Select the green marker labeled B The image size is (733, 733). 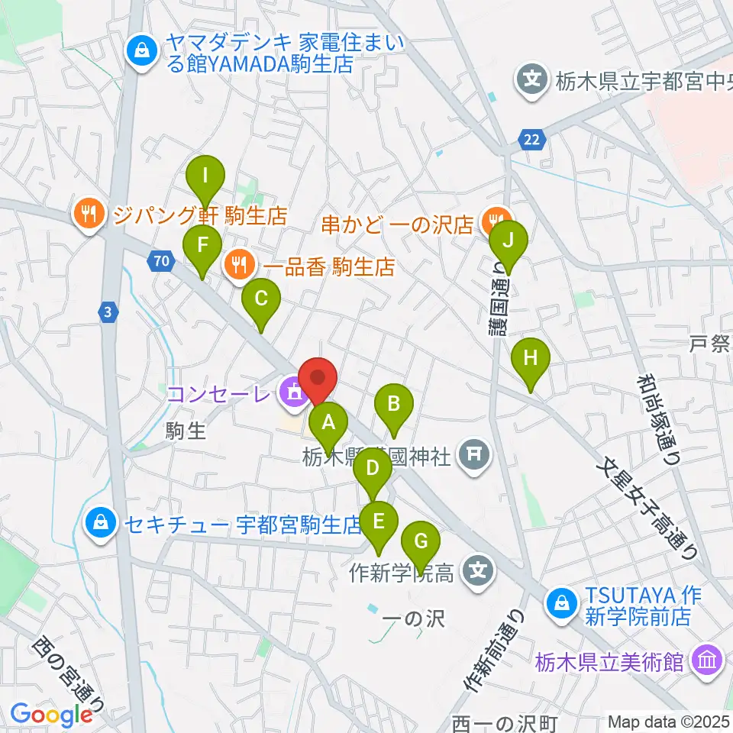tap(394, 403)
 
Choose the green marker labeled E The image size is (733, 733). tap(378, 521)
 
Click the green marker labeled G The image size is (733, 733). tap(420, 541)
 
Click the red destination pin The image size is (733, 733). tap(318, 378)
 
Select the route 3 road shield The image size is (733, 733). tap(109, 312)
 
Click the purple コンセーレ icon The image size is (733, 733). tap(292, 393)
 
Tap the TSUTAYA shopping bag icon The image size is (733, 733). tap(561, 602)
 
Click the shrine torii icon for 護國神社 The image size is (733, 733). tap(473, 456)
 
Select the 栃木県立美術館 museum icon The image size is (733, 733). tap(706, 660)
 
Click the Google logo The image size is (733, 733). tap(51, 715)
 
